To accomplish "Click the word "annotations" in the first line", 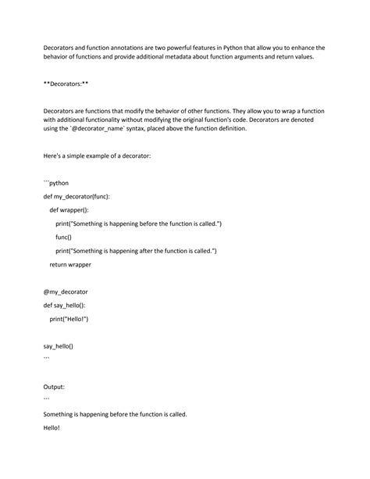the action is point(119,48).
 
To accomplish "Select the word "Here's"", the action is point(54,156).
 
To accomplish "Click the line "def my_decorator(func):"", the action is point(76,196).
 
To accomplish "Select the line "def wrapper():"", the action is point(69,209).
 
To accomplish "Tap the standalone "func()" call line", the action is point(63,237).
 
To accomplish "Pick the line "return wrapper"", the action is point(70,264).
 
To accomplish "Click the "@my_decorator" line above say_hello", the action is point(66,291).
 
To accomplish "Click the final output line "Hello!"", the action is point(52,427).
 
